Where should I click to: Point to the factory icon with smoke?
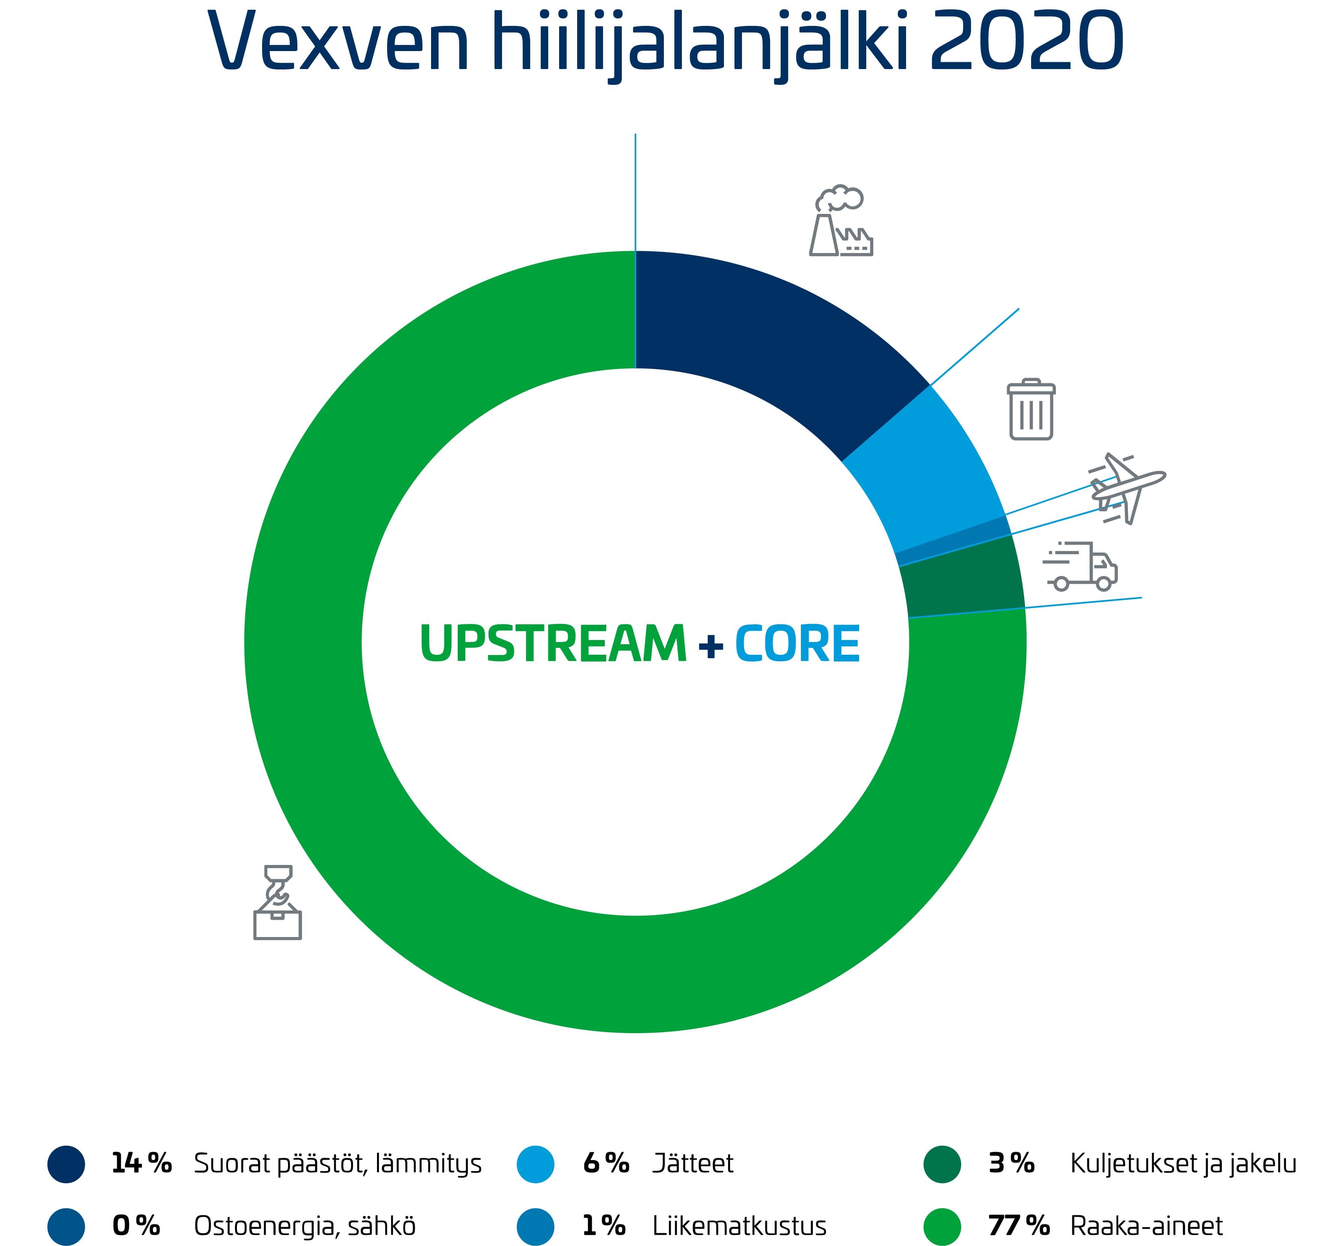pos(841,220)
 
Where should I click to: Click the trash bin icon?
pos(1031,409)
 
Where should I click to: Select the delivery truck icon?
pos(1080,567)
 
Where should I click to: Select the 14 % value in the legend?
pos(142,1163)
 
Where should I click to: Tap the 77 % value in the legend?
pos(1018,1225)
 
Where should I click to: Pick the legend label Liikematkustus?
pos(739,1225)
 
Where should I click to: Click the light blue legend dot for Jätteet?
pos(536,1163)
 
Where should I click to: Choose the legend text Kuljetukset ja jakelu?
pos(1183,1163)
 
